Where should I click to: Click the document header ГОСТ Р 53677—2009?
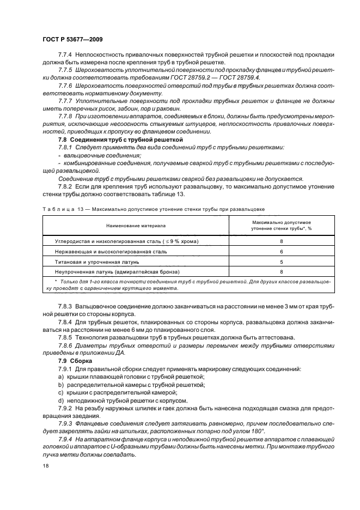pyautogui.click(x=72, y=40)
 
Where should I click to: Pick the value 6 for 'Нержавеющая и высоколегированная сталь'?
pyautogui.click(x=281, y=252)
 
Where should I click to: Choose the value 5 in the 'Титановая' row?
pyautogui.click(x=281, y=262)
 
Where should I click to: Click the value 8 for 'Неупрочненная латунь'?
pyautogui.click(x=281, y=271)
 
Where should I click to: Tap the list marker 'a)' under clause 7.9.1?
pyautogui.click(x=60, y=377)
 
